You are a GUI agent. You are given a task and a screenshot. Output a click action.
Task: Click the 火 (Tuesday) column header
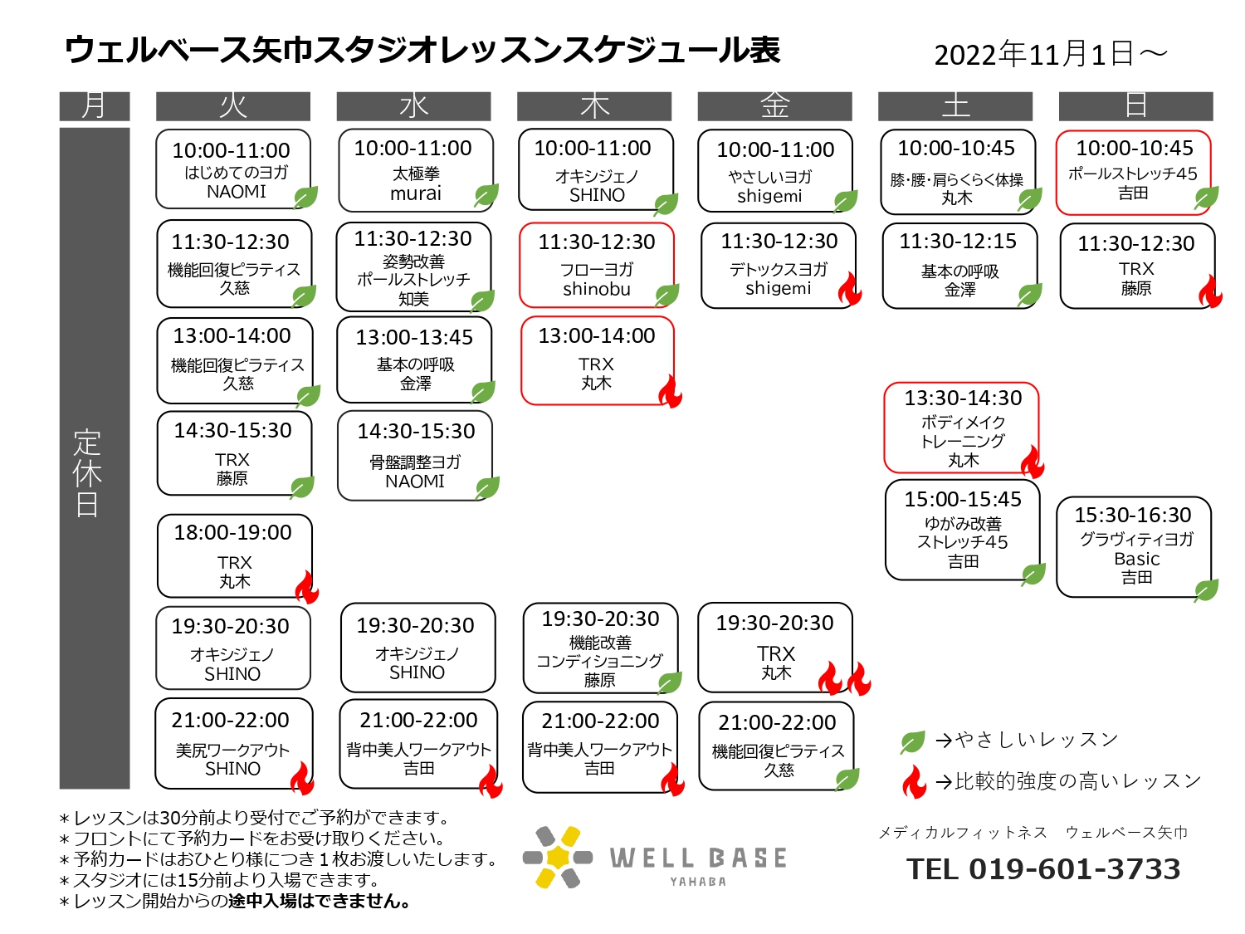click(x=232, y=106)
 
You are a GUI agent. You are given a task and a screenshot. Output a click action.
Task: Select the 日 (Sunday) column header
click(x=1135, y=106)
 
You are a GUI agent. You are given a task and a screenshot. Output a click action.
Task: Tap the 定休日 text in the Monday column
click(x=87, y=473)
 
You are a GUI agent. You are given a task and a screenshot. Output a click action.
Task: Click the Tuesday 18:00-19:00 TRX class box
click(x=235, y=555)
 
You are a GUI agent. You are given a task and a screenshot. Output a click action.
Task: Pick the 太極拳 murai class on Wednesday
click(x=416, y=170)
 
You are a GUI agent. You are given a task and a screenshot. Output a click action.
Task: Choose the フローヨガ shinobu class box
click(x=597, y=265)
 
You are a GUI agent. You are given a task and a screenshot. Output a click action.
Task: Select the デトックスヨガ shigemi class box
click(x=779, y=266)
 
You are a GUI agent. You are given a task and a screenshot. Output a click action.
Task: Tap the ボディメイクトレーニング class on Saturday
click(x=961, y=428)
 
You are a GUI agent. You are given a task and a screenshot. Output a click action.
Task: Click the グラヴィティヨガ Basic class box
click(x=1134, y=546)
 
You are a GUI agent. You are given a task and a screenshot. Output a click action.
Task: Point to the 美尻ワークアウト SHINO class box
click(x=234, y=743)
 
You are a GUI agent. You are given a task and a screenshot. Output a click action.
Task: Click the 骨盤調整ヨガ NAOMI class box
click(x=415, y=456)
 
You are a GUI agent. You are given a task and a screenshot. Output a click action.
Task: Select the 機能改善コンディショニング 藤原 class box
click(x=601, y=648)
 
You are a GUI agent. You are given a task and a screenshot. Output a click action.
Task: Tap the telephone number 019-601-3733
click(x=1074, y=868)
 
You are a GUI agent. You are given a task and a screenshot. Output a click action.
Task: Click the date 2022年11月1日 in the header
click(x=1034, y=55)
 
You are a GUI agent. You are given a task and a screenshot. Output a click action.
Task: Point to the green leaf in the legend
click(x=913, y=741)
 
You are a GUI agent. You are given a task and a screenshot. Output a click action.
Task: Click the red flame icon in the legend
click(x=914, y=781)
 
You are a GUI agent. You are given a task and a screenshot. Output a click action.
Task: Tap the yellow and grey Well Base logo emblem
click(x=558, y=857)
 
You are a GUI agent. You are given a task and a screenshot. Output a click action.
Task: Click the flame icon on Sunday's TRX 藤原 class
click(x=1210, y=291)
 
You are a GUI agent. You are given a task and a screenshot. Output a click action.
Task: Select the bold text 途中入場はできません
click(x=319, y=901)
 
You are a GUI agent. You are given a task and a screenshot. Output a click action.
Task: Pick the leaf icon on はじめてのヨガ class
click(x=306, y=198)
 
